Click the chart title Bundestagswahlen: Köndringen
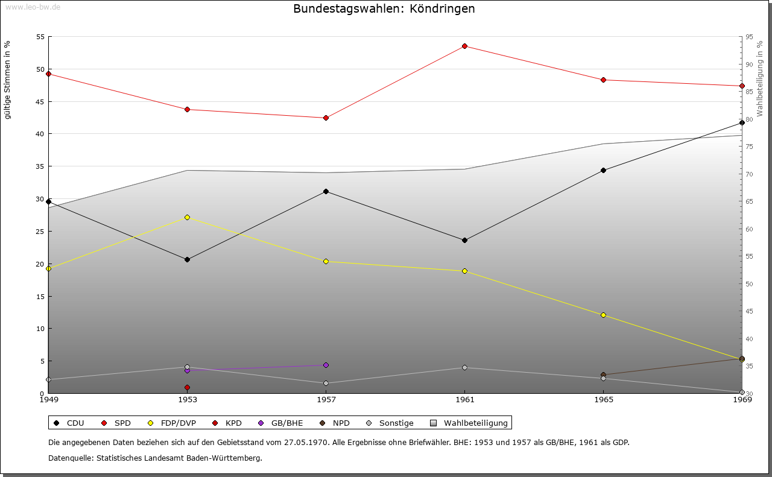click(x=384, y=9)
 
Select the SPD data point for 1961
click(x=464, y=46)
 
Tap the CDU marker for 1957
click(x=326, y=191)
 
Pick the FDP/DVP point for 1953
click(x=187, y=217)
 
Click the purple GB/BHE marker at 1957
click(x=326, y=365)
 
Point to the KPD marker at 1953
click(x=187, y=387)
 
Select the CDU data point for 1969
click(x=742, y=122)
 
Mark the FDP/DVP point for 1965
click(x=603, y=315)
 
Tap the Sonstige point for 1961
click(x=464, y=367)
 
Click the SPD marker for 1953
click(x=187, y=109)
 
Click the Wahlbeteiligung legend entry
click(x=470, y=423)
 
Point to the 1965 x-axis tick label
click(x=603, y=399)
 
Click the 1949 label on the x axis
click(x=48, y=399)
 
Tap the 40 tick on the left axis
click(x=40, y=134)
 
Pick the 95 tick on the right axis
click(x=748, y=37)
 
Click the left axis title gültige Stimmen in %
click(x=8, y=80)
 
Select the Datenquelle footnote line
click(x=155, y=458)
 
